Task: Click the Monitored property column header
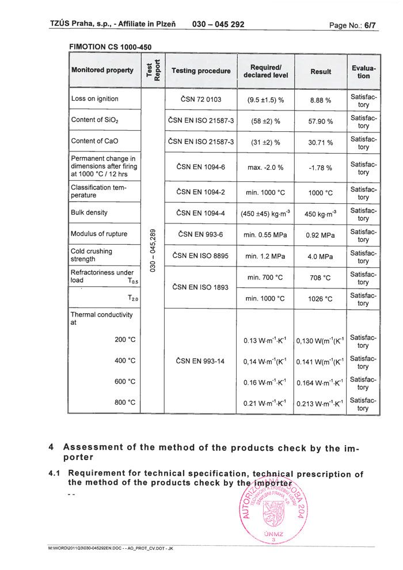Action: [x=102, y=70]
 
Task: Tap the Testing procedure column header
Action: [x=201, y=71]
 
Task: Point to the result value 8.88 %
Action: [x=320, y=100]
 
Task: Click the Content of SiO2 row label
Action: [x=95, y=120]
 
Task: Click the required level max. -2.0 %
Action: [x=265, y=168]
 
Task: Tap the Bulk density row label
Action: [x=89, y=212]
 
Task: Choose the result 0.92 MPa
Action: [x=321, y=235]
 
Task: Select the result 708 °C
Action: [x=320, y=278]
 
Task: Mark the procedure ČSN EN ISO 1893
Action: [x=200, y=287]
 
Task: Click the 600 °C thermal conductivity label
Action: [x=125, y=381]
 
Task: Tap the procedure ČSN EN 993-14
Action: [x=200, y=361]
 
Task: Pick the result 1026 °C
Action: [x=320, y=299]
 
